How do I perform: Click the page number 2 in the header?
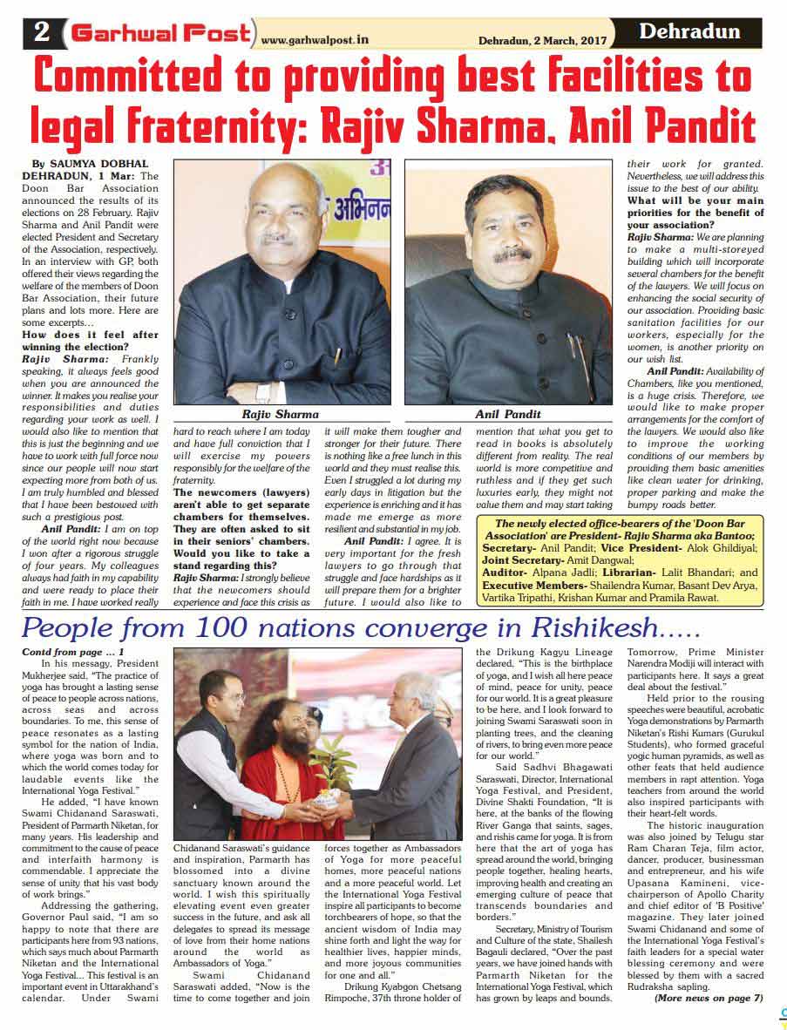[42, 33]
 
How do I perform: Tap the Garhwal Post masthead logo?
[161, 33]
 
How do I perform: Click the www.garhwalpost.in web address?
[315, 39]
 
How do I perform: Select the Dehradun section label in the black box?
[689, 32]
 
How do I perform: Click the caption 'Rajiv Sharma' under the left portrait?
[280, 414]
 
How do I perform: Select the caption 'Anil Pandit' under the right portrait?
[508, 414]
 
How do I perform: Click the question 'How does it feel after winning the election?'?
[90, 340]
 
